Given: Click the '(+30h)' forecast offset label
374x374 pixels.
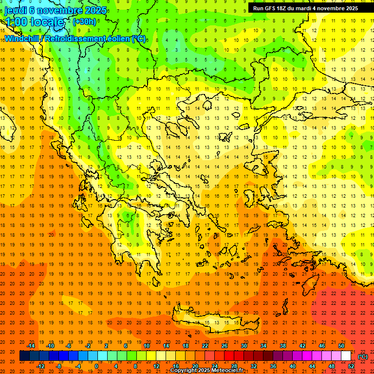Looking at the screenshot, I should pos(84,22).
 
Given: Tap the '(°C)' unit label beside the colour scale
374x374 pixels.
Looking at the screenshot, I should pos(362,356).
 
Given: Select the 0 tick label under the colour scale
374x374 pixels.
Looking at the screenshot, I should pos(96,366).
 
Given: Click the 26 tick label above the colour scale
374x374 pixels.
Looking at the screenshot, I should pos(224,346).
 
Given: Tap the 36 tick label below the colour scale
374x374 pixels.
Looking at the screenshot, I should pos(273,366).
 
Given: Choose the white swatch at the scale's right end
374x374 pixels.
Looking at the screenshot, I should pos(346,356).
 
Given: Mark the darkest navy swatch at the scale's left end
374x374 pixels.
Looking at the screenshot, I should pos(24,356).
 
